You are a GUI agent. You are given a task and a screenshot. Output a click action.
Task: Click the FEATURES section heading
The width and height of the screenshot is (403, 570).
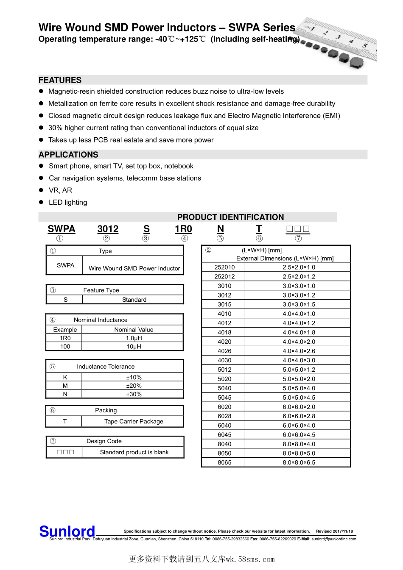coord(60,80)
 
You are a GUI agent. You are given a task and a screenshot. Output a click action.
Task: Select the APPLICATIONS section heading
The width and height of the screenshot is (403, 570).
coord(68,155)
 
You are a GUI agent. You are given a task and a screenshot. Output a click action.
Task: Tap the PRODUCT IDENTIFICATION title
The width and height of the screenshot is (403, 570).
coord(230,217)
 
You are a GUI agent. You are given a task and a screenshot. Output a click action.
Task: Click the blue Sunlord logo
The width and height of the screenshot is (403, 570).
coord(67,531)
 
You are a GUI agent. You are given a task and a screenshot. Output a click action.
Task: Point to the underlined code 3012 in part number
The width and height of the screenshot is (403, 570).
coord(108,229)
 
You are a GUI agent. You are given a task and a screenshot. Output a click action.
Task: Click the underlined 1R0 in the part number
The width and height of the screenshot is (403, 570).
coord(183,229)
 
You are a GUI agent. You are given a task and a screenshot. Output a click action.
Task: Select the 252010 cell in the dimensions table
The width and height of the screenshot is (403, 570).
coord(224,267)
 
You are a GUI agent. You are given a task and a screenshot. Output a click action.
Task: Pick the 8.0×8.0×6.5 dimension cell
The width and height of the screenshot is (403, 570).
coord(299,462)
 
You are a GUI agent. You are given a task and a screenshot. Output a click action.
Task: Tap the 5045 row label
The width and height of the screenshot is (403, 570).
coord(224,398)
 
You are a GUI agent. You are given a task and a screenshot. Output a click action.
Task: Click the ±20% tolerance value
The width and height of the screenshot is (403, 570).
coord(134,386)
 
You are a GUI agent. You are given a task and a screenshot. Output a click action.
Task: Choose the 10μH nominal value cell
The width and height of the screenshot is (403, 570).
coord(134,346)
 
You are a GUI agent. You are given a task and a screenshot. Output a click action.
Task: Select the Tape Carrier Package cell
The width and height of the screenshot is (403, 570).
coord(134,421)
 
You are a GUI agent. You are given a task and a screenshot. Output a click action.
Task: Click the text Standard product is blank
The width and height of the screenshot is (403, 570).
coord(134,452)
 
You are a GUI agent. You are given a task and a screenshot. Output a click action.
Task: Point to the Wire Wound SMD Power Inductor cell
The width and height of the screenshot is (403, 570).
coord(134,268)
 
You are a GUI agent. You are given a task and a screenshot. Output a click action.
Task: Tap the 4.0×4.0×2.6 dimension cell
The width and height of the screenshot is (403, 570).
coord(299,351)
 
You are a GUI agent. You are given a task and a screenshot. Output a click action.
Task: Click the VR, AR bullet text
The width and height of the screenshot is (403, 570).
coord(60,190)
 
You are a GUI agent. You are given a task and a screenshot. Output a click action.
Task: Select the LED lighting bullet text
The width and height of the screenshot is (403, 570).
coord(68,203)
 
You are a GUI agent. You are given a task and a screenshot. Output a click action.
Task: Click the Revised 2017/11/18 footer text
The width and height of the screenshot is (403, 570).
coord(334,531)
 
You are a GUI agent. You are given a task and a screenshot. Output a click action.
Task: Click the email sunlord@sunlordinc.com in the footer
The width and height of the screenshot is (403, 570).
coord(334,539)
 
